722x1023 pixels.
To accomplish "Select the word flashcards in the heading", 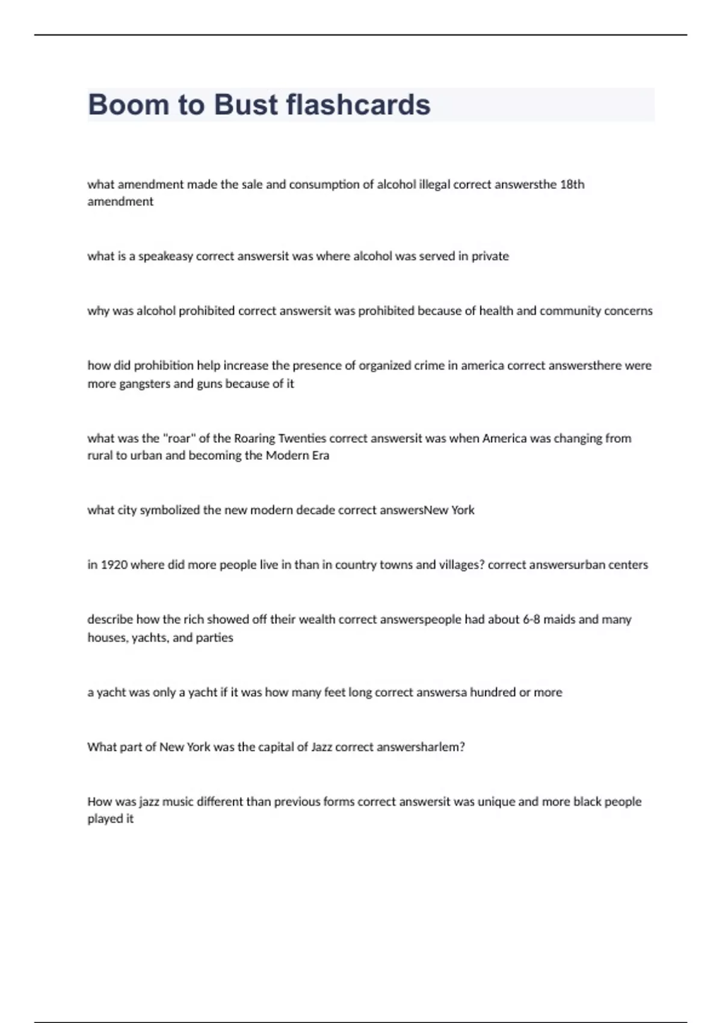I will click(359, 105).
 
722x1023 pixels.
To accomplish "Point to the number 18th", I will click(572, 184).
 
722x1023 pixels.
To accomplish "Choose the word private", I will click(490, 256).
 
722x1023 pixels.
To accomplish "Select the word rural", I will click(100, 456).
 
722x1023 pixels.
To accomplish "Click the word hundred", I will click(493, 692).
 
